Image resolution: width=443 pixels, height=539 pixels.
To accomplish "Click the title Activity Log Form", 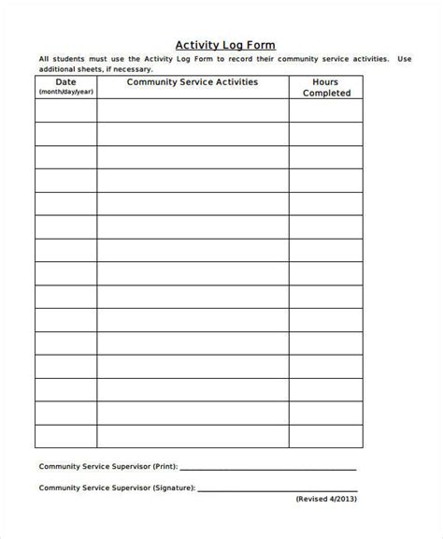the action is click(225, 44).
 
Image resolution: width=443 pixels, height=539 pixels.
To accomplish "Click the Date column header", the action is click(64, 82).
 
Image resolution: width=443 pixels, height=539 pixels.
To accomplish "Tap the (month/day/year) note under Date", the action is click(64, 93).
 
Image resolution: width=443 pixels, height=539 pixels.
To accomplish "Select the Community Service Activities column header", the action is click(192, 82).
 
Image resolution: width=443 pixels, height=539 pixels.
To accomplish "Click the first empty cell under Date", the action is click(65, 111).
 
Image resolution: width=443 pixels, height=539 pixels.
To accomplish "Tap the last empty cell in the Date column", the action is click(65, 435).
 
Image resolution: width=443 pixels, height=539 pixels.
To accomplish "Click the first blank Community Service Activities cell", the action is click(192, 111).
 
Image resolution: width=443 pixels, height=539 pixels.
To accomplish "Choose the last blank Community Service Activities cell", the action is click(192, 435).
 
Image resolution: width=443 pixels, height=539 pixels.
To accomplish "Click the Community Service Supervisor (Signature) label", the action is click(116, 488).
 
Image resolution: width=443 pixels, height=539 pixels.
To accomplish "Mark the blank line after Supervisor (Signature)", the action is click(278, 489).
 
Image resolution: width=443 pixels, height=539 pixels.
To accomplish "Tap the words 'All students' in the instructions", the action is click(59, 59).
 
